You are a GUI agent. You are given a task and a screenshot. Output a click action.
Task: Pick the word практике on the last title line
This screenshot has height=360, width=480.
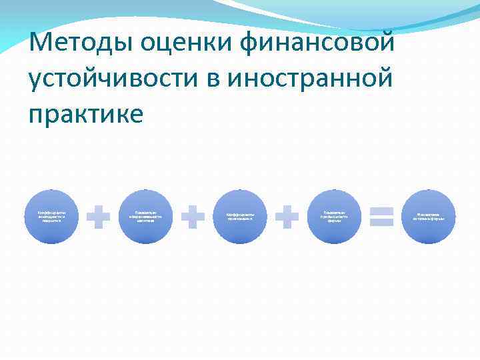click(x=86, y=114)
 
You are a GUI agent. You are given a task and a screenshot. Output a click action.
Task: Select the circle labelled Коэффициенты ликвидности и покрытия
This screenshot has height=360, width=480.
click(x=51, y=217)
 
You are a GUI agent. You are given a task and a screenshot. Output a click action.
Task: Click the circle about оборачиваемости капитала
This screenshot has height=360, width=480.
click(x=145, y=217)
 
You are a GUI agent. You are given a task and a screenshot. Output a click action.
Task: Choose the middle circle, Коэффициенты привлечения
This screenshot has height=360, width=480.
click(x=240, y=217)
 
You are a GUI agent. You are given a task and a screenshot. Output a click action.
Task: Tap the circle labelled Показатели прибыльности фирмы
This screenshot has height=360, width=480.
click(x=334, y=217)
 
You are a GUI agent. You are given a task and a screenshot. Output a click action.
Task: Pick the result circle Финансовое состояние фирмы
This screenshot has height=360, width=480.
click(x=428, y=217)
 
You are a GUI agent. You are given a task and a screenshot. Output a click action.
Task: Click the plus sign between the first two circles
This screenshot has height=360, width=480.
click(x=99, y=217)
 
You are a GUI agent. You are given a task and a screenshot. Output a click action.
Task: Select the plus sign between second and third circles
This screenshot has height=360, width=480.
click(x=193, y=217)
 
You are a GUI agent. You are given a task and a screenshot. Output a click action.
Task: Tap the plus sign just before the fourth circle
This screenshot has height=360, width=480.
click(x=287, y=217)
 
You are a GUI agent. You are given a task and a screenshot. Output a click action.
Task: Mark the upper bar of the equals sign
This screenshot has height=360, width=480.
click(x=381, y=211)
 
